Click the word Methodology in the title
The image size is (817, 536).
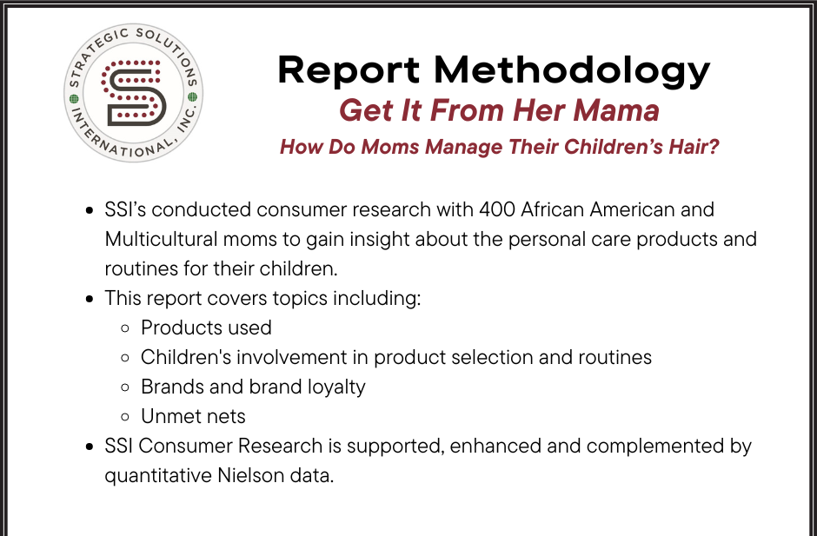[x=572, y=71]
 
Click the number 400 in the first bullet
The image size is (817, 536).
[x=497, y=209]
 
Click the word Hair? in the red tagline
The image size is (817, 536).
[x=694, y=146]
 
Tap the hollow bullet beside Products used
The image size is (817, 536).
[x=125, y=328]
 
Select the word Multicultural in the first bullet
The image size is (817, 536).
[x=161, y=239]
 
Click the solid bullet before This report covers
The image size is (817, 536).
[x=90, y=299]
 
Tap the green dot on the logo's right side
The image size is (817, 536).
[x=192, y=97]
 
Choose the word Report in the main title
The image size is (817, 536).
[x=349, y=70]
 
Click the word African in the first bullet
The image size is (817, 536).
[x=552, y=209]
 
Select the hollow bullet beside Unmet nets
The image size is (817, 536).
[x=125, y=417]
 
